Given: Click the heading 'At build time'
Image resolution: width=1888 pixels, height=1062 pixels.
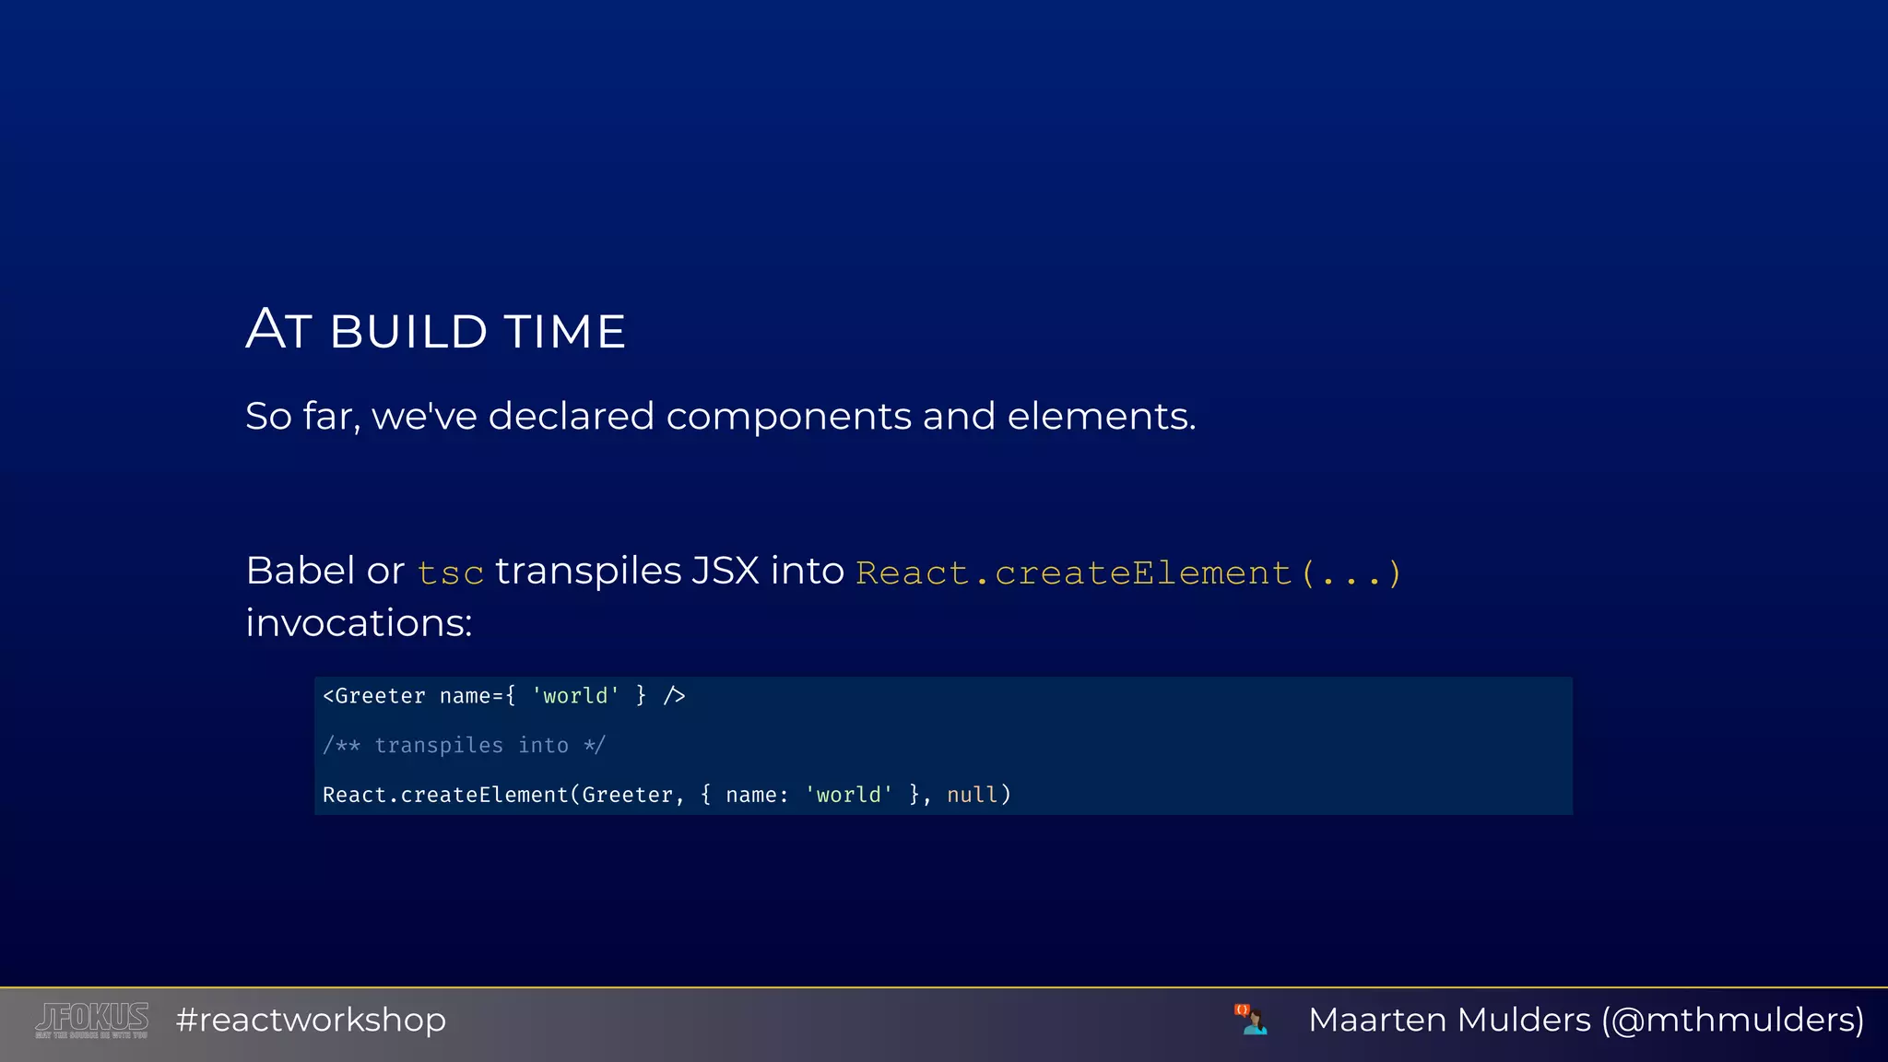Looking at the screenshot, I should pyautogui.click(x=435, y=330).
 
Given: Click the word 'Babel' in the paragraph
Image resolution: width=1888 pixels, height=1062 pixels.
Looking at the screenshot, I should pyautogui.click(x=301, y=571).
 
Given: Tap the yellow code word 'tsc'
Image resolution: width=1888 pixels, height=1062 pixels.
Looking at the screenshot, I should pyautogui.click(x=450, y=573).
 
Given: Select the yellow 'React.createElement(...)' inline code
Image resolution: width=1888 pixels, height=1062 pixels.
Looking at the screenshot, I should pyautogui.click(x=1128, y=573).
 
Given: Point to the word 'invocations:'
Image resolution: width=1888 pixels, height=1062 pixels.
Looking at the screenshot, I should pyautogui.click(x=359, y=623).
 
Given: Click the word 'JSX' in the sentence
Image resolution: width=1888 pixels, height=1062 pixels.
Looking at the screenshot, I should pyautogui.click(x=725, y=571).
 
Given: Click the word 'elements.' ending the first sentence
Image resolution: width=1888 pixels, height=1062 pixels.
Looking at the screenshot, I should pyautogui.click(x=1101, y=417).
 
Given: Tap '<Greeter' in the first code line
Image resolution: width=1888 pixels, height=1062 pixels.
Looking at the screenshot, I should pyautogui.click(x=374, y=696).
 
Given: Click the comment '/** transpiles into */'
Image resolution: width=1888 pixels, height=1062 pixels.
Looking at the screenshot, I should pyautogui.click(x=464, y=745).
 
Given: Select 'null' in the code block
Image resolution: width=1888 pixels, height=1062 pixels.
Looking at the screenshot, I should pyautogui.click(x=972, y=795).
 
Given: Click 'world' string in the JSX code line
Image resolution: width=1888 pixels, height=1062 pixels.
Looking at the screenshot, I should pyautogui.click(x=575, y=696).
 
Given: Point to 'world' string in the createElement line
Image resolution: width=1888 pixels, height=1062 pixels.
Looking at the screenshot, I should pyautogui.click(x=848, y=795).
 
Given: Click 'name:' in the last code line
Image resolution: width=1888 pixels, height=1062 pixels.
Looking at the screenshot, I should pyautogui.click(x=757, y=795).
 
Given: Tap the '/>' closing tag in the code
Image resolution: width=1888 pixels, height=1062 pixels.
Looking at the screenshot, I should pyautogui.click(x=674, y=696).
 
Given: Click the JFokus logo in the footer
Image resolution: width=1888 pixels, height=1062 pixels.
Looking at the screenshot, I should pyautogui.click(x=91, y=1020).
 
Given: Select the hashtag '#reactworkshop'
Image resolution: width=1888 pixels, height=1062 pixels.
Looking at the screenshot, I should pyautogui.click(x=311, y=1020).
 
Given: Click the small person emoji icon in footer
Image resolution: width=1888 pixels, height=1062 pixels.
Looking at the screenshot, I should pyautogui.click(x=1251, y=1020).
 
